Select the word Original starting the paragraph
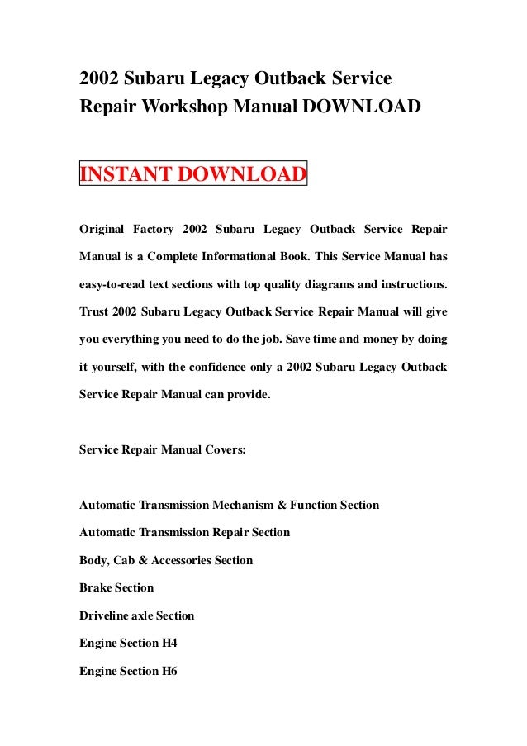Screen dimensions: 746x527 click(102, 228)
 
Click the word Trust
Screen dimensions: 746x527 click(93, 311)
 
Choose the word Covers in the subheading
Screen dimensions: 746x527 click(223, 450)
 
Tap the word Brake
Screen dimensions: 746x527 click(94, 587)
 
